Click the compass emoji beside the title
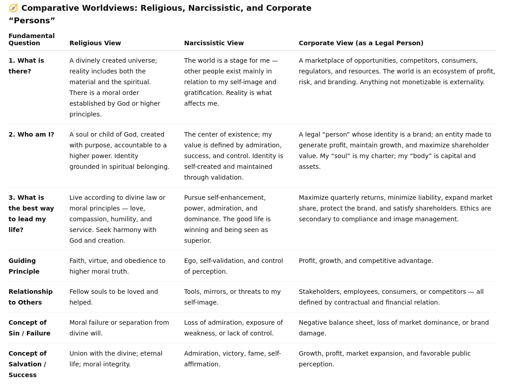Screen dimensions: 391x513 (13, 8)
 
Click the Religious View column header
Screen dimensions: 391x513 (95, 43)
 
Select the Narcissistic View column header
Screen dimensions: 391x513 (214, 43)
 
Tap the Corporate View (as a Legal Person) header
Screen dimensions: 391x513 (361, 43)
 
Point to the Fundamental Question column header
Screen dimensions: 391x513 (31, 39)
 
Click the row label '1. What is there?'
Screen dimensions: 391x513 (26, 66)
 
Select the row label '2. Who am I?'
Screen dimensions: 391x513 (31, 134)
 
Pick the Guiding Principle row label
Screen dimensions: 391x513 (24, 266)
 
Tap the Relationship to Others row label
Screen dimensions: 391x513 (30, 297)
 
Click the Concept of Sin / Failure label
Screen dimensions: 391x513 (30, 328)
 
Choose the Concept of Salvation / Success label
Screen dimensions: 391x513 (27, 364)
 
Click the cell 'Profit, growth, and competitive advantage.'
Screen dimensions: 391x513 (366, 261)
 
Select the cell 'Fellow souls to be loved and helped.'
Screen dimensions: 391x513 (114, 297)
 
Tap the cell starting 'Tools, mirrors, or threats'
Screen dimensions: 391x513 (232, 297)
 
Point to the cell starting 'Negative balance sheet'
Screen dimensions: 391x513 (393, 328)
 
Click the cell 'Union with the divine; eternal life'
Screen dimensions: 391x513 (116, 359)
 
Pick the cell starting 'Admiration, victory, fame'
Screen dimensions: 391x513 (232, 359)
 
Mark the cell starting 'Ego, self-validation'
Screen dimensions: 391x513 (233, 266)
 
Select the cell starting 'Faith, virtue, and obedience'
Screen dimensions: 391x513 (117, 266)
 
